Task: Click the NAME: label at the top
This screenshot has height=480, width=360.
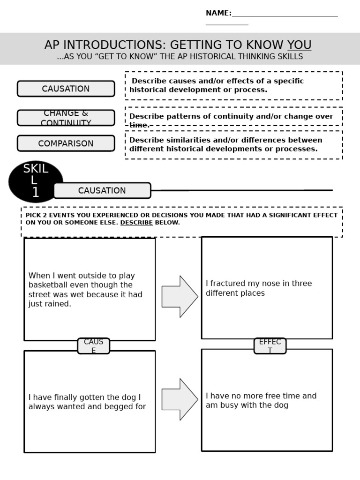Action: (218, 13)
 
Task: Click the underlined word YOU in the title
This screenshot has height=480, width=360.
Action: (299, 45)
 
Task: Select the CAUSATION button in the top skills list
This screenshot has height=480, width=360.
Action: (66, 89)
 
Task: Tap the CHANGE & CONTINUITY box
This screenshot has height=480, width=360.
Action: (66, 118)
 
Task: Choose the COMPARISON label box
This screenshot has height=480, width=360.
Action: (66, 143)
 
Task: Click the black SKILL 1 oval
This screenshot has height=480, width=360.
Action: (36, 181)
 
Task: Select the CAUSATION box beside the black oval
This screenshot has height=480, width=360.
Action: (102, 191)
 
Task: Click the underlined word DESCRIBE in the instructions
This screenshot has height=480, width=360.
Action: (136, 223)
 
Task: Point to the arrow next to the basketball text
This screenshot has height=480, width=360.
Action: (180, 297)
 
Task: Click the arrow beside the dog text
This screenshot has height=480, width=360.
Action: (180, 399)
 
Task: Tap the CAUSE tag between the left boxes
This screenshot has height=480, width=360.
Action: (93, 346)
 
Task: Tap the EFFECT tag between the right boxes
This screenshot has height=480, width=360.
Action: (270, 346)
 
